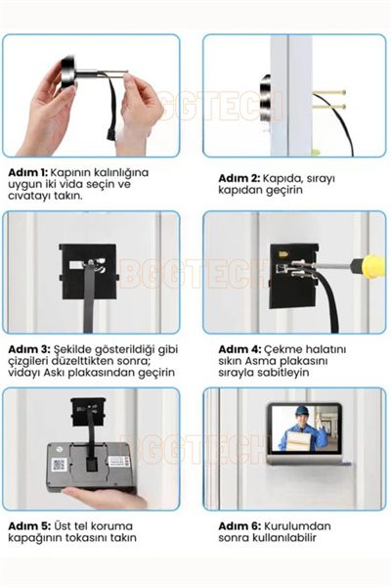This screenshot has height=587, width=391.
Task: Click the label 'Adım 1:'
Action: tap(27, 172)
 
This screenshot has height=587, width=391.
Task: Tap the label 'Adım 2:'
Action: tap(239, 178)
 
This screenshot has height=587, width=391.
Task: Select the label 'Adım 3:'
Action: tap(28, 349)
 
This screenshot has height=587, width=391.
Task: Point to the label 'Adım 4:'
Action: tap(239, 349)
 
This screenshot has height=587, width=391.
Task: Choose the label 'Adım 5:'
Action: tap(29, 526)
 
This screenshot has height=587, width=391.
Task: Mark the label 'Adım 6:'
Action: tap(239, 526)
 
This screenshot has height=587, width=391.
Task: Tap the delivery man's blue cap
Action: tap(302, 410)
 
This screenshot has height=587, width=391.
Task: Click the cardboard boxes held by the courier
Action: tap(297, 440)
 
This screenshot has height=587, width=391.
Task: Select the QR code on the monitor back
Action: tap(59, 464)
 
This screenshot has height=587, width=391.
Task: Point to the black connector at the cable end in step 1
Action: tap(111, 134)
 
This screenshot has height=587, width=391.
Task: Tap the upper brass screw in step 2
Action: tap(329, 92)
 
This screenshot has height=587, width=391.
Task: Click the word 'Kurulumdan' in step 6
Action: tap(297, 526)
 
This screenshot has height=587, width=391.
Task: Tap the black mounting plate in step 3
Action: tap(88, 271)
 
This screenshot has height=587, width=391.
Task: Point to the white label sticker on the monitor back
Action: tap(119, 461)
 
